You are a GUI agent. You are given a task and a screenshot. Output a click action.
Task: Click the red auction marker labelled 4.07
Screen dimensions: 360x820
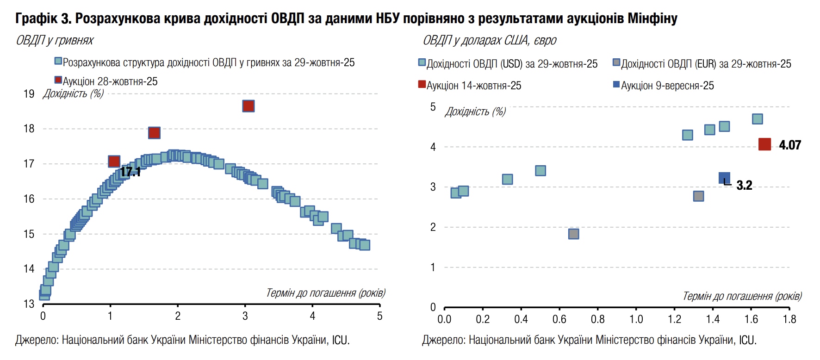[x=764, y=144]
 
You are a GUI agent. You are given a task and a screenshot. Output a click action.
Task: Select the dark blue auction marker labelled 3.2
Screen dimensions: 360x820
[x=724, y=178]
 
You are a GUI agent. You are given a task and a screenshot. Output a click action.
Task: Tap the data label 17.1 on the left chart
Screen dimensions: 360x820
[x=130, y=172]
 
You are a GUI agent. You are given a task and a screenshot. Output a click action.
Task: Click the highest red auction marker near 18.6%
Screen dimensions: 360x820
[x=248, y=106]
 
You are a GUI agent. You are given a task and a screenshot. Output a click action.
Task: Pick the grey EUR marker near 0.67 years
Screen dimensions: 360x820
[x=573, y=234]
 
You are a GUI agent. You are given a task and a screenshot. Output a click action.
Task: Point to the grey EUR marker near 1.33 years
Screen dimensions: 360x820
[x=698, y=196]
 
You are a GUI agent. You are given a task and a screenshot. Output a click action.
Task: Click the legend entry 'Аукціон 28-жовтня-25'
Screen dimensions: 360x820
[x=110, y=81]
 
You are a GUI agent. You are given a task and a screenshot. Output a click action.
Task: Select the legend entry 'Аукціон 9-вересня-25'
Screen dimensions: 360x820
[x=667, y=86]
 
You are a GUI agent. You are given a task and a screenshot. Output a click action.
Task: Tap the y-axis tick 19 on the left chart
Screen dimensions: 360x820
[x=29, y=94]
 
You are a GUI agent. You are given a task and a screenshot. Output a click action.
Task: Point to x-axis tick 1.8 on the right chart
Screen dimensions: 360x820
[x=789, y=319]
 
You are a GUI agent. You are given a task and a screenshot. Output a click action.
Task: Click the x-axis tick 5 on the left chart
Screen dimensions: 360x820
[x=379, y=316]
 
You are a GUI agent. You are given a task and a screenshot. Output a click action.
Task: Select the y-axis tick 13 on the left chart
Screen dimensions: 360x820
[x=29, y=304]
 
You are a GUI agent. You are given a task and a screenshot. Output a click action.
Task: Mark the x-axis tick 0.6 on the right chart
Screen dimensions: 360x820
[x=559, y=319]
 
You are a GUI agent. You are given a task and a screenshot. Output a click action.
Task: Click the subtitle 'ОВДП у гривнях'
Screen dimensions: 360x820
[x=55, y=41]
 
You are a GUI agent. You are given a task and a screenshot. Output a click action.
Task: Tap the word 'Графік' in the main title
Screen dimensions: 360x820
[x=36, y=19]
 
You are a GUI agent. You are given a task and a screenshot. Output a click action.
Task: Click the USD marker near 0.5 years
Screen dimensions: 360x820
[x=540, y=171]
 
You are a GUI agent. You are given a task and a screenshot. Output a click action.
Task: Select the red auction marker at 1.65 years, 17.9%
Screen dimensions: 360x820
[x=154, y=133]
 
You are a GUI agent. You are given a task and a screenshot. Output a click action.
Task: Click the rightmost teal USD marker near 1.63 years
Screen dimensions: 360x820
[x=757, y=119]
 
